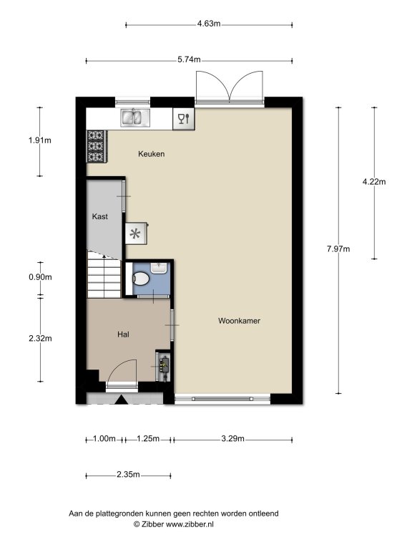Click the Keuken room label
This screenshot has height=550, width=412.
pos(151,154)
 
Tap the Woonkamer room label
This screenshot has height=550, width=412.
pos(239,321)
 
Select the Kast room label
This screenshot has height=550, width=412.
pos(100,216)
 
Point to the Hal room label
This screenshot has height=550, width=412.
pos(123,334)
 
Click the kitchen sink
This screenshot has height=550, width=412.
pos(135,117)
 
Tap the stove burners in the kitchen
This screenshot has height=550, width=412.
pos(96,146)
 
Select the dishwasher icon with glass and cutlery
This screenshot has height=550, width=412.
pos(184,119)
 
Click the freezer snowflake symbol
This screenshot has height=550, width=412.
pos(136,233)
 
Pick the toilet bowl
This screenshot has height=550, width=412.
pos(141,279)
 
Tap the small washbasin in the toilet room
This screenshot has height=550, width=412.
pos(159,267)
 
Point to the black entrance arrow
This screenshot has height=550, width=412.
pos(122,400)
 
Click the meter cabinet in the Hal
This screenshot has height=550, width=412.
pos(163,366)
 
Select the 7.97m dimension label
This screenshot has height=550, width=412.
pos(338,249)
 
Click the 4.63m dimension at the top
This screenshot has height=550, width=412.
pos(209,24)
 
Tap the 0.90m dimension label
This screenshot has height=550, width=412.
pos(40,277)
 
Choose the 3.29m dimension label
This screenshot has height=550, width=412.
pos(232,439)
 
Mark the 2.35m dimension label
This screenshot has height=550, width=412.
pos(128,475)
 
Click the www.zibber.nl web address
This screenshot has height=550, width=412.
pos(190,524)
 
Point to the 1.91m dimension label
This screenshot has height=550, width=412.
pos(40,140)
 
